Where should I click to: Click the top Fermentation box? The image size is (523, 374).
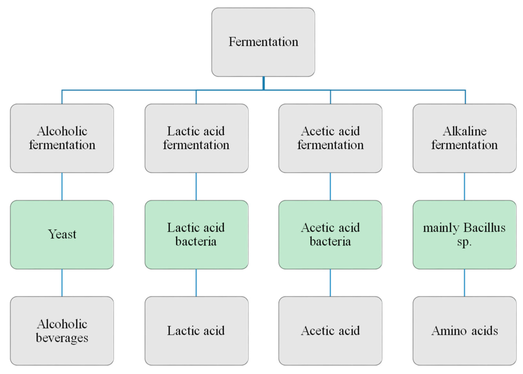click(x=263, y=42)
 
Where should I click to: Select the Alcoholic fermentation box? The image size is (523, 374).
click(x=62, y=138)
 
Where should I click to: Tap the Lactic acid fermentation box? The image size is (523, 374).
click(x=196, y=138)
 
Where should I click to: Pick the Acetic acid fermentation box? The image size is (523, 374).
click(x=330, y=138)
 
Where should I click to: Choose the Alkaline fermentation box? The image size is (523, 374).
click(x=464, y=138)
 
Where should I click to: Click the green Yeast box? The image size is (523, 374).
click(x=62, y=234)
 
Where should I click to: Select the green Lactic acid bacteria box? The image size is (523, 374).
click(x=196, y=234)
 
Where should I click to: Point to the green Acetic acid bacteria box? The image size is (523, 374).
click(x=330, y=234)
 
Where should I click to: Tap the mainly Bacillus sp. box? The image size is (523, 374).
click(x=464, y=234)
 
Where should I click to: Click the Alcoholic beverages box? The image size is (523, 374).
click(x=62, y=331)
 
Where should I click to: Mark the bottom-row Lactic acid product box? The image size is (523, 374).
click(x=196, y=331)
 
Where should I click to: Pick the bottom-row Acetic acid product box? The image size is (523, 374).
click(x=330, y=331)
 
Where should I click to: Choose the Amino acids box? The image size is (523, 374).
click(x=464, y=331)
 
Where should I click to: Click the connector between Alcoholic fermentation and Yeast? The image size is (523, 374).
click(x=62, y=186)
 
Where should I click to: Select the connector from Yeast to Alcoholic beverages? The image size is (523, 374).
click(x=62, y=282)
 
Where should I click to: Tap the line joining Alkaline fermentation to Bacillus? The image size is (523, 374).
click(x=464, y=186)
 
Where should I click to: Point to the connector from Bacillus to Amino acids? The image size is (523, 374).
click(x=464, y=282)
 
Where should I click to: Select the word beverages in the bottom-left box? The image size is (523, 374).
click(x=62, y=338)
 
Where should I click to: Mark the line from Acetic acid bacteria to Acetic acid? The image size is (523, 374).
click(x=330, y=282)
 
